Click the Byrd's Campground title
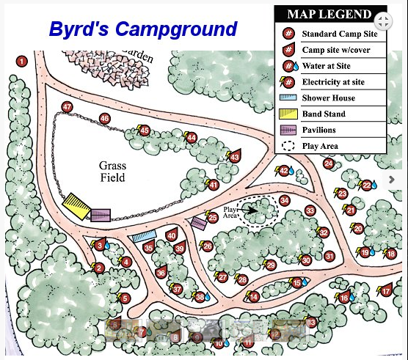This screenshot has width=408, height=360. tap(143, 29)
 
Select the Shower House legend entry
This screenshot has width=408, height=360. tap(328, 98)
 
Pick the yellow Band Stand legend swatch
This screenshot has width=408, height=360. tap(288, 114)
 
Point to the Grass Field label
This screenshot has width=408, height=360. tap(112, 172)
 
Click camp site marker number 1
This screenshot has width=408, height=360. tap(22, 61)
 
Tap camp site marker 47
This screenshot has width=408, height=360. tap(68, 108)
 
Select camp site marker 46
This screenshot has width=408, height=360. tap(104, 119)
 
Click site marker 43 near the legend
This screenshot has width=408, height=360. tap(234, 156)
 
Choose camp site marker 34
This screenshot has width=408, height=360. tap(284, 199)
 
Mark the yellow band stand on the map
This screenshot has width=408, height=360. tap(76, 205)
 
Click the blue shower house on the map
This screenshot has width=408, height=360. tap(145, 236)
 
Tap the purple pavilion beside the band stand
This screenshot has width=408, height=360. tap(101, 215)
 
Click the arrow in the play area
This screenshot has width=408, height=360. tap(254, 210)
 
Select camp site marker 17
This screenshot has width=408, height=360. tap(386, 291)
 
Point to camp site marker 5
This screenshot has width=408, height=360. tap(125, 298)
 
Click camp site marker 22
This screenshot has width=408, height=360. tap(366, 185)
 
